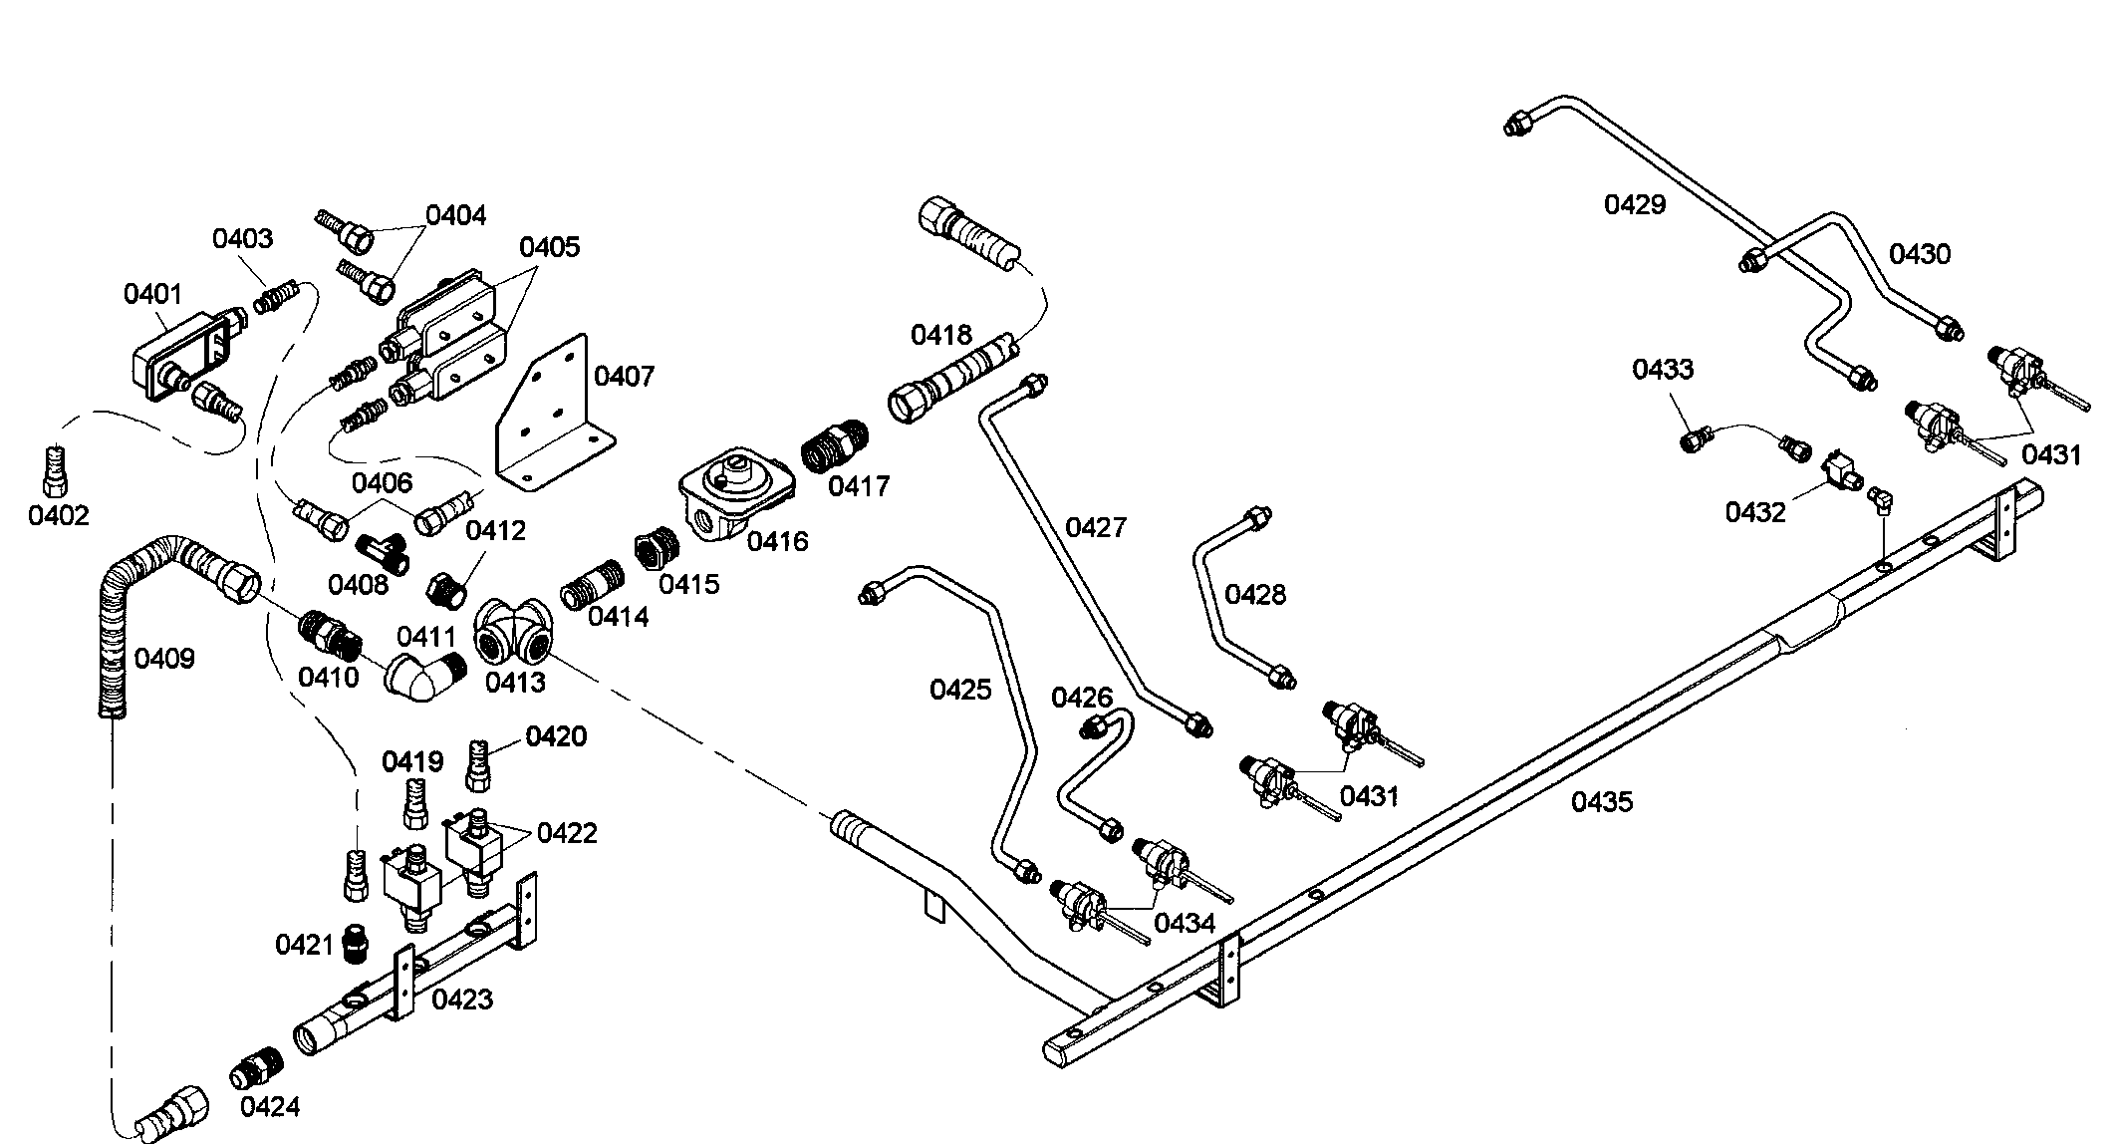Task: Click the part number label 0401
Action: (x=152, y=294)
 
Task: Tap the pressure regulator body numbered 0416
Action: (x=736, y=494)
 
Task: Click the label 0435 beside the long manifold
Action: (x=1602, y=801)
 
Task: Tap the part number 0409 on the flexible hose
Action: (x=164, y=658)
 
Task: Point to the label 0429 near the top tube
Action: (x=1634, y=204)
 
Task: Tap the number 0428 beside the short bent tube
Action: (x=1255, y=595)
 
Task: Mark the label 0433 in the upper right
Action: (x=1662, y=369)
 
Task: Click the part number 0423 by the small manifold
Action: (x=462, y=999)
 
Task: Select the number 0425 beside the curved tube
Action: (x=960, y=689)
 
